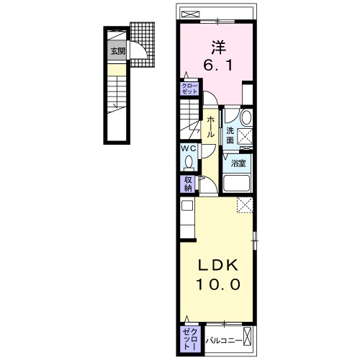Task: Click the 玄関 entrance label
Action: [x=118, y=51]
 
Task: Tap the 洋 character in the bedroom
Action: [x=218, y=48]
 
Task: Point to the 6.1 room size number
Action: [x=218, y=66]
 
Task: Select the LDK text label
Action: [x=218, y=265]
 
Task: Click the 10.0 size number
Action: [x=218, y=284]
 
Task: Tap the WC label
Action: [x=189, y=148]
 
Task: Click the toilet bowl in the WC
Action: [x=189, y=161]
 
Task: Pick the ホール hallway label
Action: [x=211, y=127]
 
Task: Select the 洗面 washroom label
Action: [x=230, y=135]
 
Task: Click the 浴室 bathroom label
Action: [x=238, y=163]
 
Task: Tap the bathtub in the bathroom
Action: [x=236, y=184]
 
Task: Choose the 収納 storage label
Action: [x=188, y=184]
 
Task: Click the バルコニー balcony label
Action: [x=224, y=341]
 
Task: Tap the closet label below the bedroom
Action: [x=189, y=89]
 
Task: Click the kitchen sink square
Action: [x=187, y=205]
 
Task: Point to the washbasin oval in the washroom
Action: [x=246, y=118]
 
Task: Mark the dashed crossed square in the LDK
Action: [x=245, y=204]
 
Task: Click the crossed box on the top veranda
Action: [x=191, y=14]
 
